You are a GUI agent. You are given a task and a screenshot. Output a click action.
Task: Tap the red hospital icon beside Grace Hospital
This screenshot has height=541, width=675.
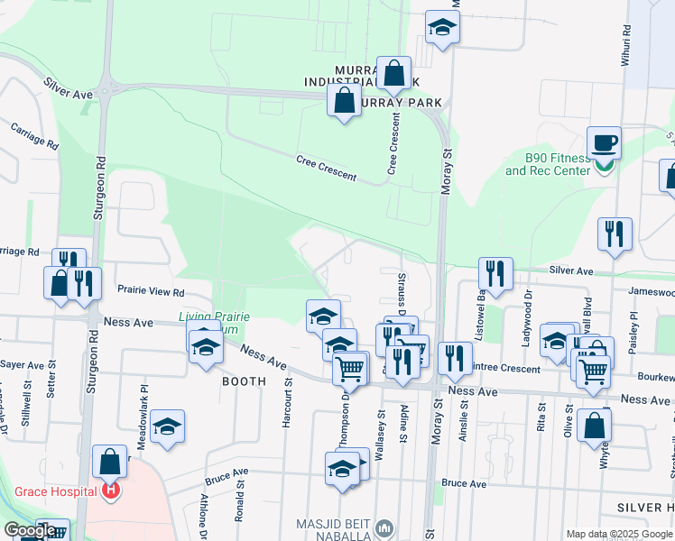coord(111,491)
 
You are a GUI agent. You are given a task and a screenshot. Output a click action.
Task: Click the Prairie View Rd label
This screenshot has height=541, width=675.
coord(151,291)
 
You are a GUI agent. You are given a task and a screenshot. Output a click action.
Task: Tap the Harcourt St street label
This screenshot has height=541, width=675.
coord(288,402)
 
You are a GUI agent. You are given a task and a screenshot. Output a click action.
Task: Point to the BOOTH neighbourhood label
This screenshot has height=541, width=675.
coord(245,381)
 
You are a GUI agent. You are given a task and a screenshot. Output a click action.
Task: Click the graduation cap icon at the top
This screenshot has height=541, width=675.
coord(442,27)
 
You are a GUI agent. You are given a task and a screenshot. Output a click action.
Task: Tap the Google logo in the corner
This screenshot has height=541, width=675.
coord(30,530)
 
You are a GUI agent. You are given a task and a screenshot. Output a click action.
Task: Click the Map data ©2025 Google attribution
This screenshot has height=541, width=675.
coord(619,534)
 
